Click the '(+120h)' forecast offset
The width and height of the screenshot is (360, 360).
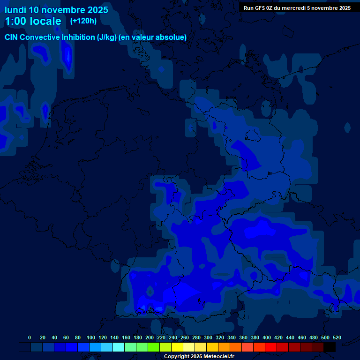tap(83, 21)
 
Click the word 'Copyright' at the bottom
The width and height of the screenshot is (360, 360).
tap(176, 356)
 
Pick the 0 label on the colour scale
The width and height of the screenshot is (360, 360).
tap(30, 337)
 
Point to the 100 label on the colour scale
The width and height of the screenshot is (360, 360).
tap(91, 337)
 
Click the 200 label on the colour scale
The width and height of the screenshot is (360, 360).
tap(150, 337)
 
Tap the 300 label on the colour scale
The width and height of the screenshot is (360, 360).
tap(208, 337)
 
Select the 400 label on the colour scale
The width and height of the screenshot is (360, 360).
tap(267, 337)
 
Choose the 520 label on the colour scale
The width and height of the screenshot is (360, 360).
tap(337, 337)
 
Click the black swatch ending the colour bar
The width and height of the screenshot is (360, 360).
tap(330, 347)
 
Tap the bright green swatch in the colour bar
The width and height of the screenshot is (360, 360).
tap(154, 347)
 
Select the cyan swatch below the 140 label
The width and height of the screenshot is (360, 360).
tap(119, 347)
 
